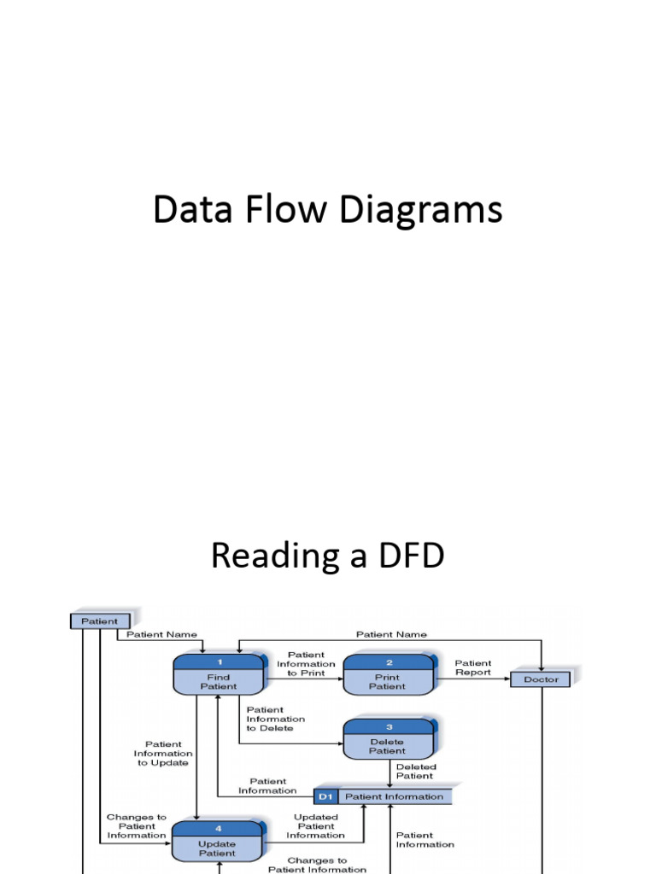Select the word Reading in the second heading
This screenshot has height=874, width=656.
point(274,556)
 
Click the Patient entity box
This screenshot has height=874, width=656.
point(100,621)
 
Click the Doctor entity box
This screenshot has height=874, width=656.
point(541,679)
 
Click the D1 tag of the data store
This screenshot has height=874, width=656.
point(325,796)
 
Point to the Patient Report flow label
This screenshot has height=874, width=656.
point(473,667)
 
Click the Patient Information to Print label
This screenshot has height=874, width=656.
point(306,664)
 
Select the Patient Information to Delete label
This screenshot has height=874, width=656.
point(275,719)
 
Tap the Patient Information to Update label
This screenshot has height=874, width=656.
point(163,753)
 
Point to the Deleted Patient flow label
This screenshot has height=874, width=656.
point(415,772)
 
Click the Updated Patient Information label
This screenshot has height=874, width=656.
point(316,826)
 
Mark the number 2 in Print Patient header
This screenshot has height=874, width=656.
point(389,662)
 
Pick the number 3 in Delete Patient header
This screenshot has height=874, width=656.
point(389,727)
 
